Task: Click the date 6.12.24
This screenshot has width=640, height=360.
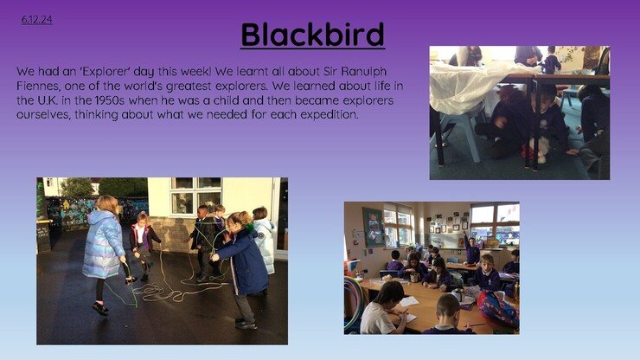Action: pyautogui.click(x=36, y=20)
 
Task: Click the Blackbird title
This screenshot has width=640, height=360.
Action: pyautogui.click(x=313, y=35)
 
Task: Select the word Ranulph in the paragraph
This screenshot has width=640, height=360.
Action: pyautogui.click(x=363, y=72)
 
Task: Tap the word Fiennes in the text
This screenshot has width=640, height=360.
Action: pyautogui.click(x=38, y=86)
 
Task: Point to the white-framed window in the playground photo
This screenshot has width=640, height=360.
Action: pyautogui.click(x=196, y=196)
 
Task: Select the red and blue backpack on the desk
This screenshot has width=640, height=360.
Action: pyautogui.click(x=496, y=309)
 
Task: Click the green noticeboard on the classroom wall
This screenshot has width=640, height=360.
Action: pyautogui.click(x=373, y=227)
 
